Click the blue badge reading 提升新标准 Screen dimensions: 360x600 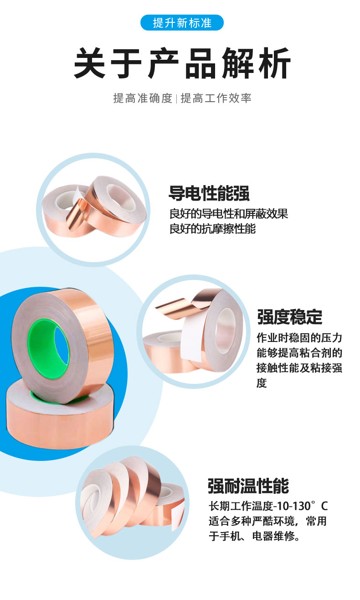pyautogui.click(x=182, y=23)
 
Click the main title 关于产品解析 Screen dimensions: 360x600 pyautogui.click(x=182, y=63)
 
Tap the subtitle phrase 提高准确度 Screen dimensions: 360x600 pyautogui.click(x=142, y=98)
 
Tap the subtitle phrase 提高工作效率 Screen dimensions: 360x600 pyautogui.click(x=216, y=98)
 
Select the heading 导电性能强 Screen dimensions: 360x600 pyautogui.click(x=209, y=193)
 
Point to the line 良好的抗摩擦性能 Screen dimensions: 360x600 pyautogui.click(x=212, y=228)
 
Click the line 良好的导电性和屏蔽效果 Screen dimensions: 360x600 pyautogui.click(x=229, y=213)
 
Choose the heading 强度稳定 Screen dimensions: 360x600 pyautogui.click(x=290, y=317)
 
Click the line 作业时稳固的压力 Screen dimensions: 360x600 pyautogui.click(x=299, y=338)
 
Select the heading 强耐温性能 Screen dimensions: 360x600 pyautogui.click(x=248, y=486)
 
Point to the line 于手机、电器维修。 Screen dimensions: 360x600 pyautogui.click(x=254, y=536)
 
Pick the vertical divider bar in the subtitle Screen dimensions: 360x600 pyautogui.click(x=176, y=98)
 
